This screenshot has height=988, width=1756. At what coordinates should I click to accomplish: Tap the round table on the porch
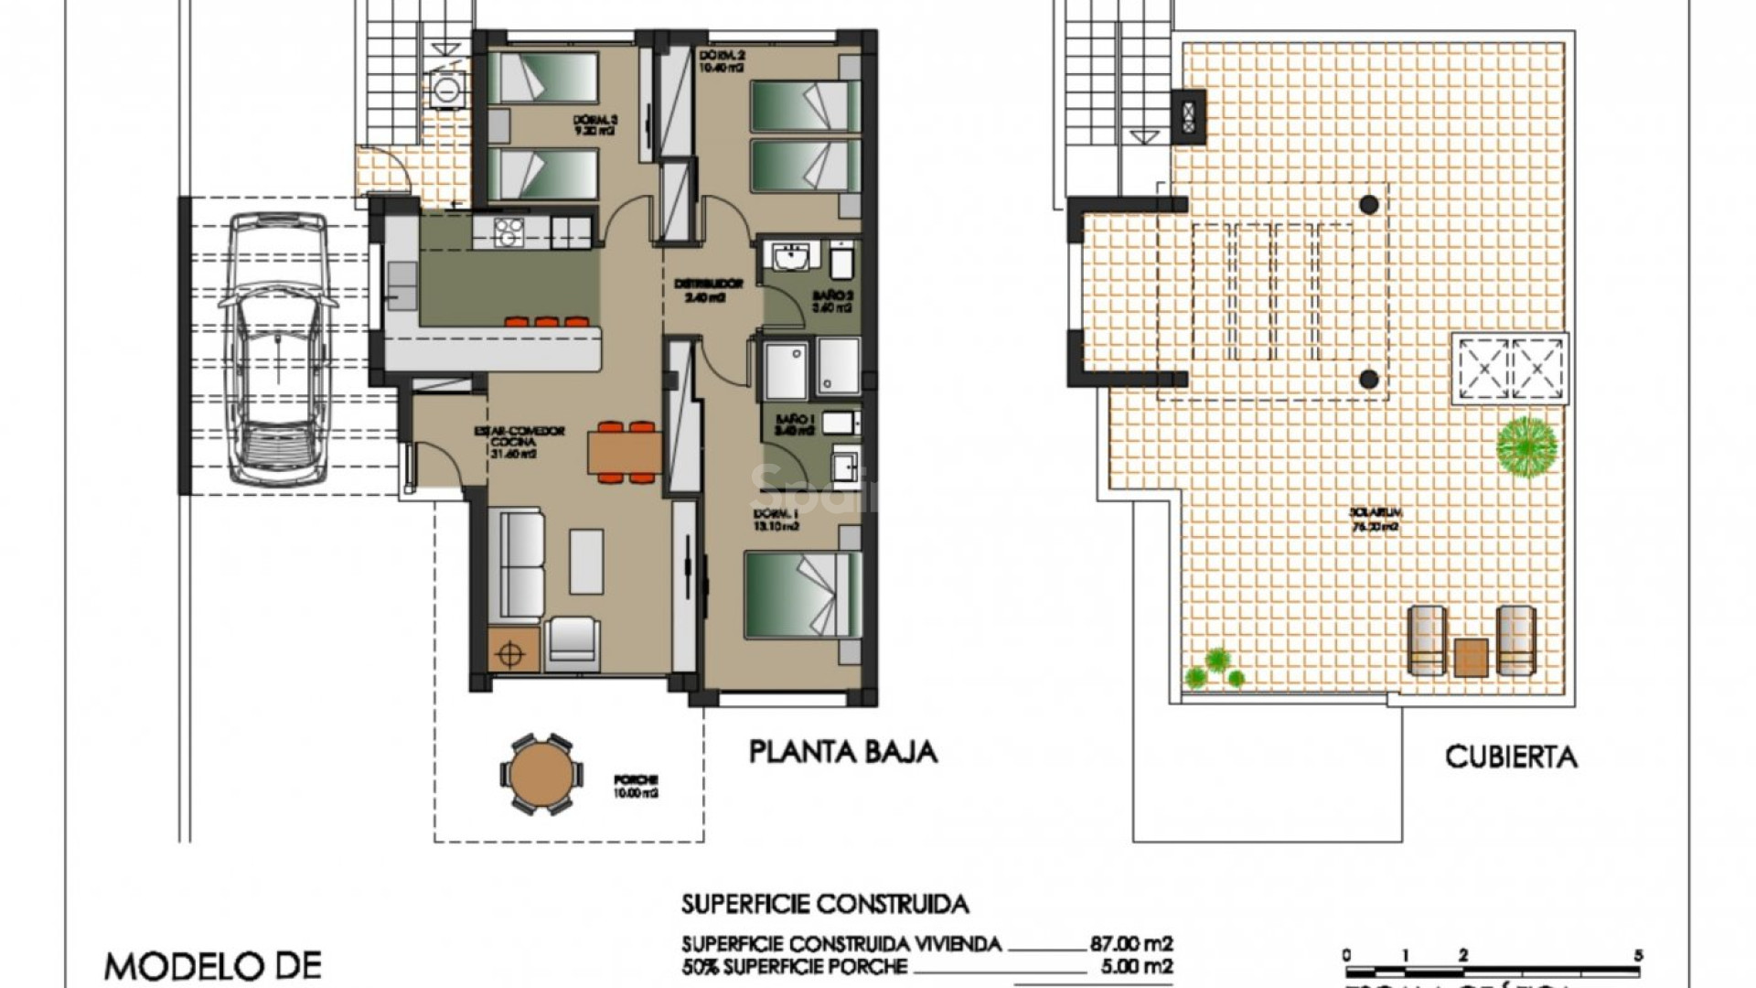[540, 774]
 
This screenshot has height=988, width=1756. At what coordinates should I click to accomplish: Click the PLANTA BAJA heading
[843, 752]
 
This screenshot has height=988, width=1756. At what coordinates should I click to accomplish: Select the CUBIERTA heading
[1511, 757]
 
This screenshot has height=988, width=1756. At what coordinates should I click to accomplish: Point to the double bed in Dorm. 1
[802, 595]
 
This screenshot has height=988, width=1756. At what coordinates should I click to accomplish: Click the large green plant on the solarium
[1526, 446]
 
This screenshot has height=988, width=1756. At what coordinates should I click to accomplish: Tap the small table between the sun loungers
[1471, 657]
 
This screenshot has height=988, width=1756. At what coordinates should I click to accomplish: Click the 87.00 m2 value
[1130, 944]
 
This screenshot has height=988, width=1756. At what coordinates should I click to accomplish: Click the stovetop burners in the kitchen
[508, 231]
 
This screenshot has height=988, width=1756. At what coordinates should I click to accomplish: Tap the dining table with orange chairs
[626, 452]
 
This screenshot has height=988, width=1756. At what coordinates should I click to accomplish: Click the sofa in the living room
[518, 565]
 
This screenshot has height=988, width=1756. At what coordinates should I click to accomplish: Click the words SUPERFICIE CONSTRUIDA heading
[824, 905]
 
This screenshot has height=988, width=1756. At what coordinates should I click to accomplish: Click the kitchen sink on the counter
[401, 282]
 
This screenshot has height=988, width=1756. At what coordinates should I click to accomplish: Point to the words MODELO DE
[212, 966]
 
